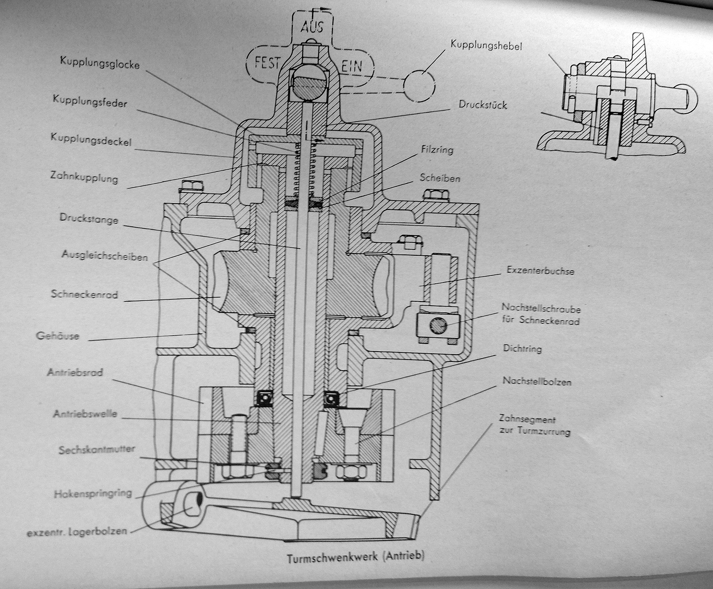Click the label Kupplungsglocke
99,64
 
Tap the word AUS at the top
311,27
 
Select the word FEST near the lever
267,63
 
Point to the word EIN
352,67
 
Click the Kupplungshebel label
486,45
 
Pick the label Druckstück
483,105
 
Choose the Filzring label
437,149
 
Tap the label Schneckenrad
84,294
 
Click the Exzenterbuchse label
540,270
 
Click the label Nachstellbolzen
537,381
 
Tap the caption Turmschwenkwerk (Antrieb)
355,556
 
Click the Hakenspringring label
93,493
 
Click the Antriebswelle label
85,414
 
